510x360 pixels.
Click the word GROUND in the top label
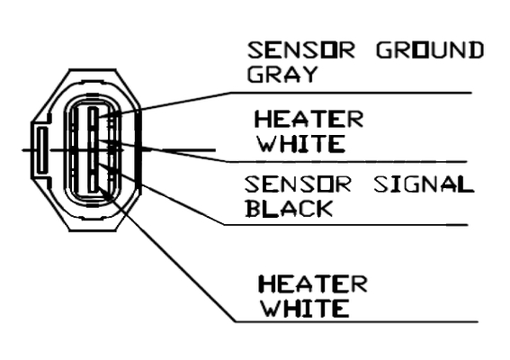tap(430, 50)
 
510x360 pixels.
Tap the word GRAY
tap(282, 74)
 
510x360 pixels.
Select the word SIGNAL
tap(424, 184)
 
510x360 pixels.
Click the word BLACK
tap(289, 208)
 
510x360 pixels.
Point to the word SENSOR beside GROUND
tap(300, 50)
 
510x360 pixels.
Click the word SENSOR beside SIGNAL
tap(298, 184)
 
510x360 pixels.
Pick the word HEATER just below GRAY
tap(309, 119)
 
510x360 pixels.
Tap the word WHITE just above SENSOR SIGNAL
tap(301, 143)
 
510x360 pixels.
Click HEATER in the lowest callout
tap(313, 283)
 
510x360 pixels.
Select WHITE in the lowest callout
tap(306, 308)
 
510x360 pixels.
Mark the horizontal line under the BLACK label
tap(345, 225)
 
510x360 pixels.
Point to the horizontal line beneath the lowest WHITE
tap(357, 322)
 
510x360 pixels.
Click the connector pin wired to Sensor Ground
tap(93, 118)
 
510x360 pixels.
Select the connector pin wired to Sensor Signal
tap(93, 161)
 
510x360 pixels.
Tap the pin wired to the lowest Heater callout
tap(93, 183)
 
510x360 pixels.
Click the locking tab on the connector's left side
tap(41, 150)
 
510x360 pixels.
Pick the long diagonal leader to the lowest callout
tap(166, 255)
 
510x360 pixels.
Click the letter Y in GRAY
tap(309, 74)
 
